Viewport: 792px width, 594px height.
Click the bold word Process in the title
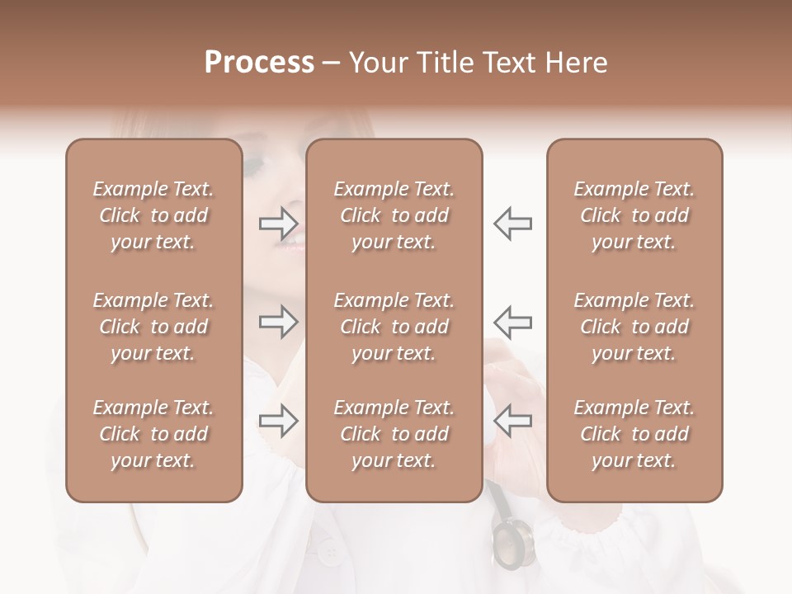click(x=259, y=63)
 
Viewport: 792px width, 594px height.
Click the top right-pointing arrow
click(x=279, y=223)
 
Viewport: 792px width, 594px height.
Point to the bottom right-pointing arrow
click(x=279, y=422)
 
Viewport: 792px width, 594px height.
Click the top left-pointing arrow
click(x=512, y=223)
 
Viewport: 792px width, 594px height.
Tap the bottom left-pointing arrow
click(x=512, y=422)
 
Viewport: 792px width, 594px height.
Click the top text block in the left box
click(x=153, y=215)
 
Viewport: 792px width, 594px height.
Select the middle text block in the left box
click(x=153, y=327)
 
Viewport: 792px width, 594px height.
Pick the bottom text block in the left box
click(x=153, y=434)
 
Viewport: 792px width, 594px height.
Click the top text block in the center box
click(x=394, y=215)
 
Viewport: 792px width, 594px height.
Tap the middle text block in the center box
click(x=394, y=327)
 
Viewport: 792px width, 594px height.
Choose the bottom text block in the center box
click(x=394, y=434)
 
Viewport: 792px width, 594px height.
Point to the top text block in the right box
click(x=634, y=215)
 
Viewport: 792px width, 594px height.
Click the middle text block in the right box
click(x=634, y=327)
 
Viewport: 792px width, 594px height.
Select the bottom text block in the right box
click(x=634, y=434)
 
